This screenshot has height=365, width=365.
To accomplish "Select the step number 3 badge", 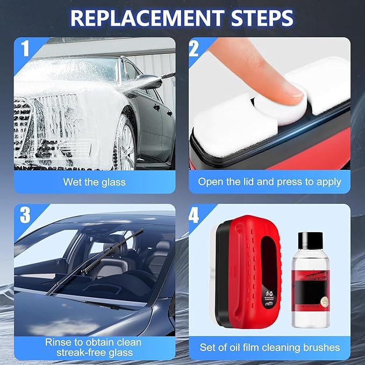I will tap(24, 216).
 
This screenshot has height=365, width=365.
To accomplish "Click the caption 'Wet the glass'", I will tap(94, 182).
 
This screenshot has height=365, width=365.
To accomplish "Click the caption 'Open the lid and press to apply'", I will tap(269, 182).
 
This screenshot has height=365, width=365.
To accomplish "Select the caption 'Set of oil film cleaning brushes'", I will tap(269, 347).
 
